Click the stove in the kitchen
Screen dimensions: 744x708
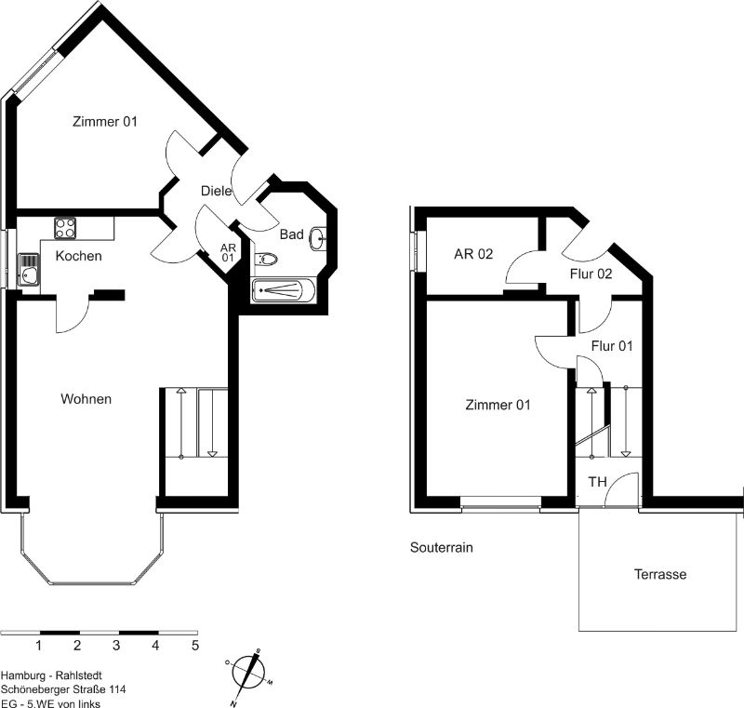[x=65, y=228]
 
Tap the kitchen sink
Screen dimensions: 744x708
[x=29, y=270]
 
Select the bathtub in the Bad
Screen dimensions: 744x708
[x=284, y=290]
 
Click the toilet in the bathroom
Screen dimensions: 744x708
[x=266, y=260]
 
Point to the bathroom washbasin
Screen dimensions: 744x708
[x=317, y=238]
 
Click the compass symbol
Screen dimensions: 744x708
[x=248, y=675]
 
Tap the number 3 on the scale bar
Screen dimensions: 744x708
[x=116, y=646]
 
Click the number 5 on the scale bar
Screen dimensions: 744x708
[x=195, y=646]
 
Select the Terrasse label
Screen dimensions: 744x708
[x=660, y=574]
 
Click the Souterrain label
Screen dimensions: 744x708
[x=441, y=548]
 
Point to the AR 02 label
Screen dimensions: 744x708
[x=473, y=254]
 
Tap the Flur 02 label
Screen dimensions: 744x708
[x=591, y=274]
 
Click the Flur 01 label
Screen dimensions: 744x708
[x=612, y=346]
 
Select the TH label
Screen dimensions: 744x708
[x=597, y=482]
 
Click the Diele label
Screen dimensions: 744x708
[x=217, y=191]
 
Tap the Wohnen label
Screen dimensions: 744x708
[x=86, y=399]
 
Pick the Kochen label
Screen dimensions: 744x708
[x=78, y=256]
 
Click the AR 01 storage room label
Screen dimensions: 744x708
[x=228, y=253]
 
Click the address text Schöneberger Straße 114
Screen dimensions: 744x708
[x=63, y=689]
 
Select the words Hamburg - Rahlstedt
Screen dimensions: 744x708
[x=51, y=675]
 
